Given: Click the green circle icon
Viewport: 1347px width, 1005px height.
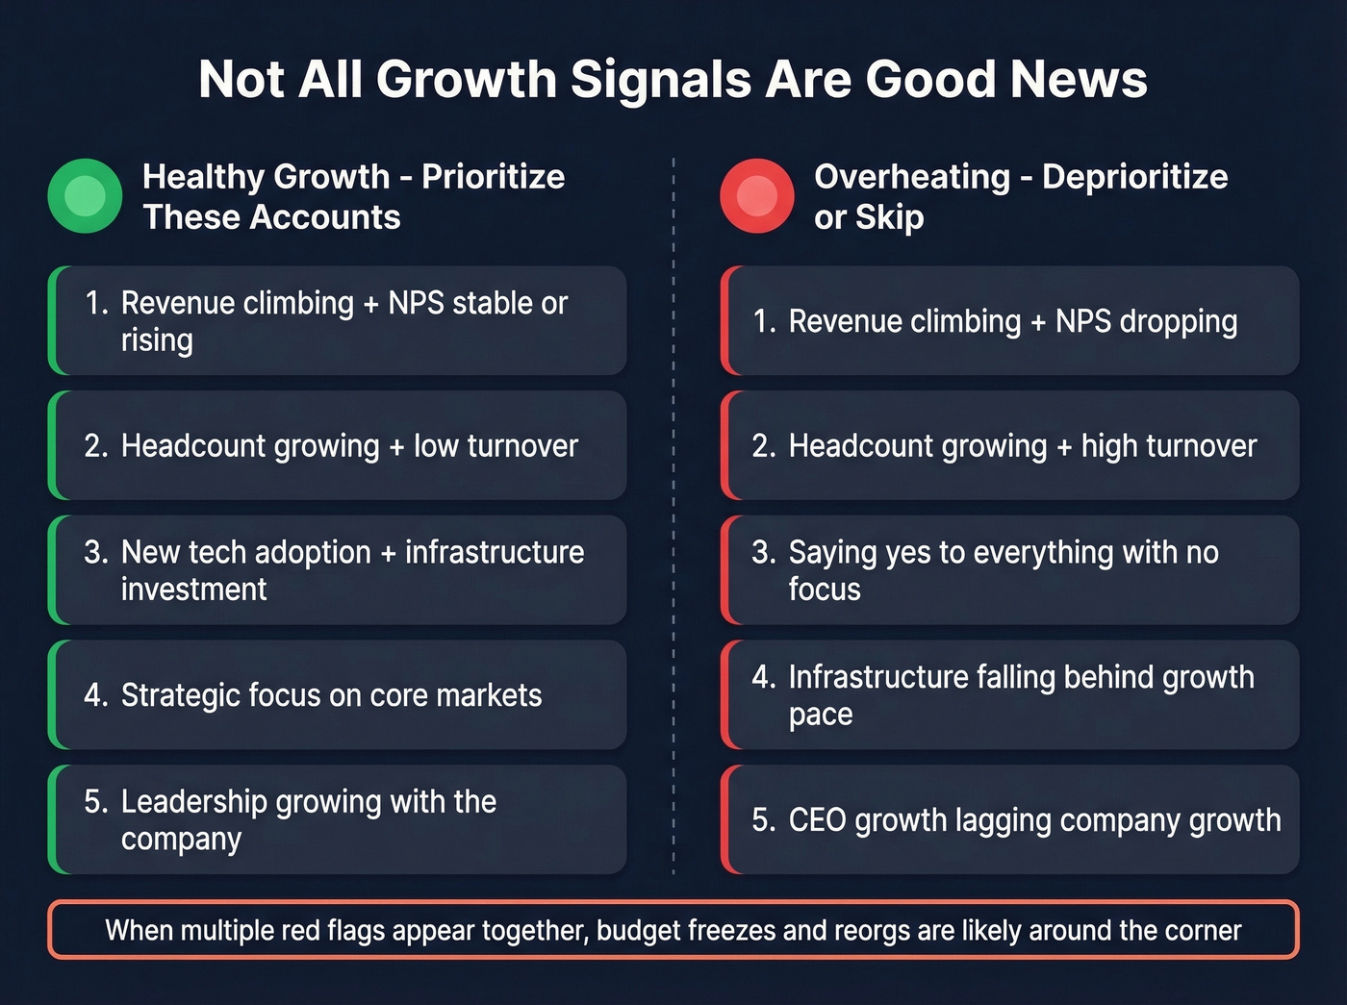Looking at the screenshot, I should point(85,196).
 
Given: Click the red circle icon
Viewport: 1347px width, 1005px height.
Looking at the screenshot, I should point(756,196).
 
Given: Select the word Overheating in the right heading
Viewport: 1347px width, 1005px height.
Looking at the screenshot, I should point(911,177).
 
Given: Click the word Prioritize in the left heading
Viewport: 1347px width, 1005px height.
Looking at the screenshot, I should point(493,177).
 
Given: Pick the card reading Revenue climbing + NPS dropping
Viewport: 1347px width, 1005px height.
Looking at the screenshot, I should point(1010,321).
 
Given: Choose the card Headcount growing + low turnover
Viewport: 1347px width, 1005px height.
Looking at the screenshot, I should point(338,445).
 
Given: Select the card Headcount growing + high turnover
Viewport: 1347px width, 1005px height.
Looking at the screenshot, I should point(1010,445).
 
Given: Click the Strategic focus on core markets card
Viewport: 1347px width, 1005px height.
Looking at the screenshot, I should point(338,694).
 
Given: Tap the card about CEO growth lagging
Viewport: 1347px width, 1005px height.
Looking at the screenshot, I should point(1010,819).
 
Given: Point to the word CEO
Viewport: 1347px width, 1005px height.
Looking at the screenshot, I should point(817,820).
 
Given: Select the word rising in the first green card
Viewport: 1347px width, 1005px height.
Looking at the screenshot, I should point(157,340).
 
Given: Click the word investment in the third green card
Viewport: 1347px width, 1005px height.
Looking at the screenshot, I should point(193,590).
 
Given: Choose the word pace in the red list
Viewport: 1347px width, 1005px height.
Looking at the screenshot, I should point(820,715).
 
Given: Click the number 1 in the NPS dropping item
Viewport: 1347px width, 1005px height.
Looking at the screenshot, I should point(760,321).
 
